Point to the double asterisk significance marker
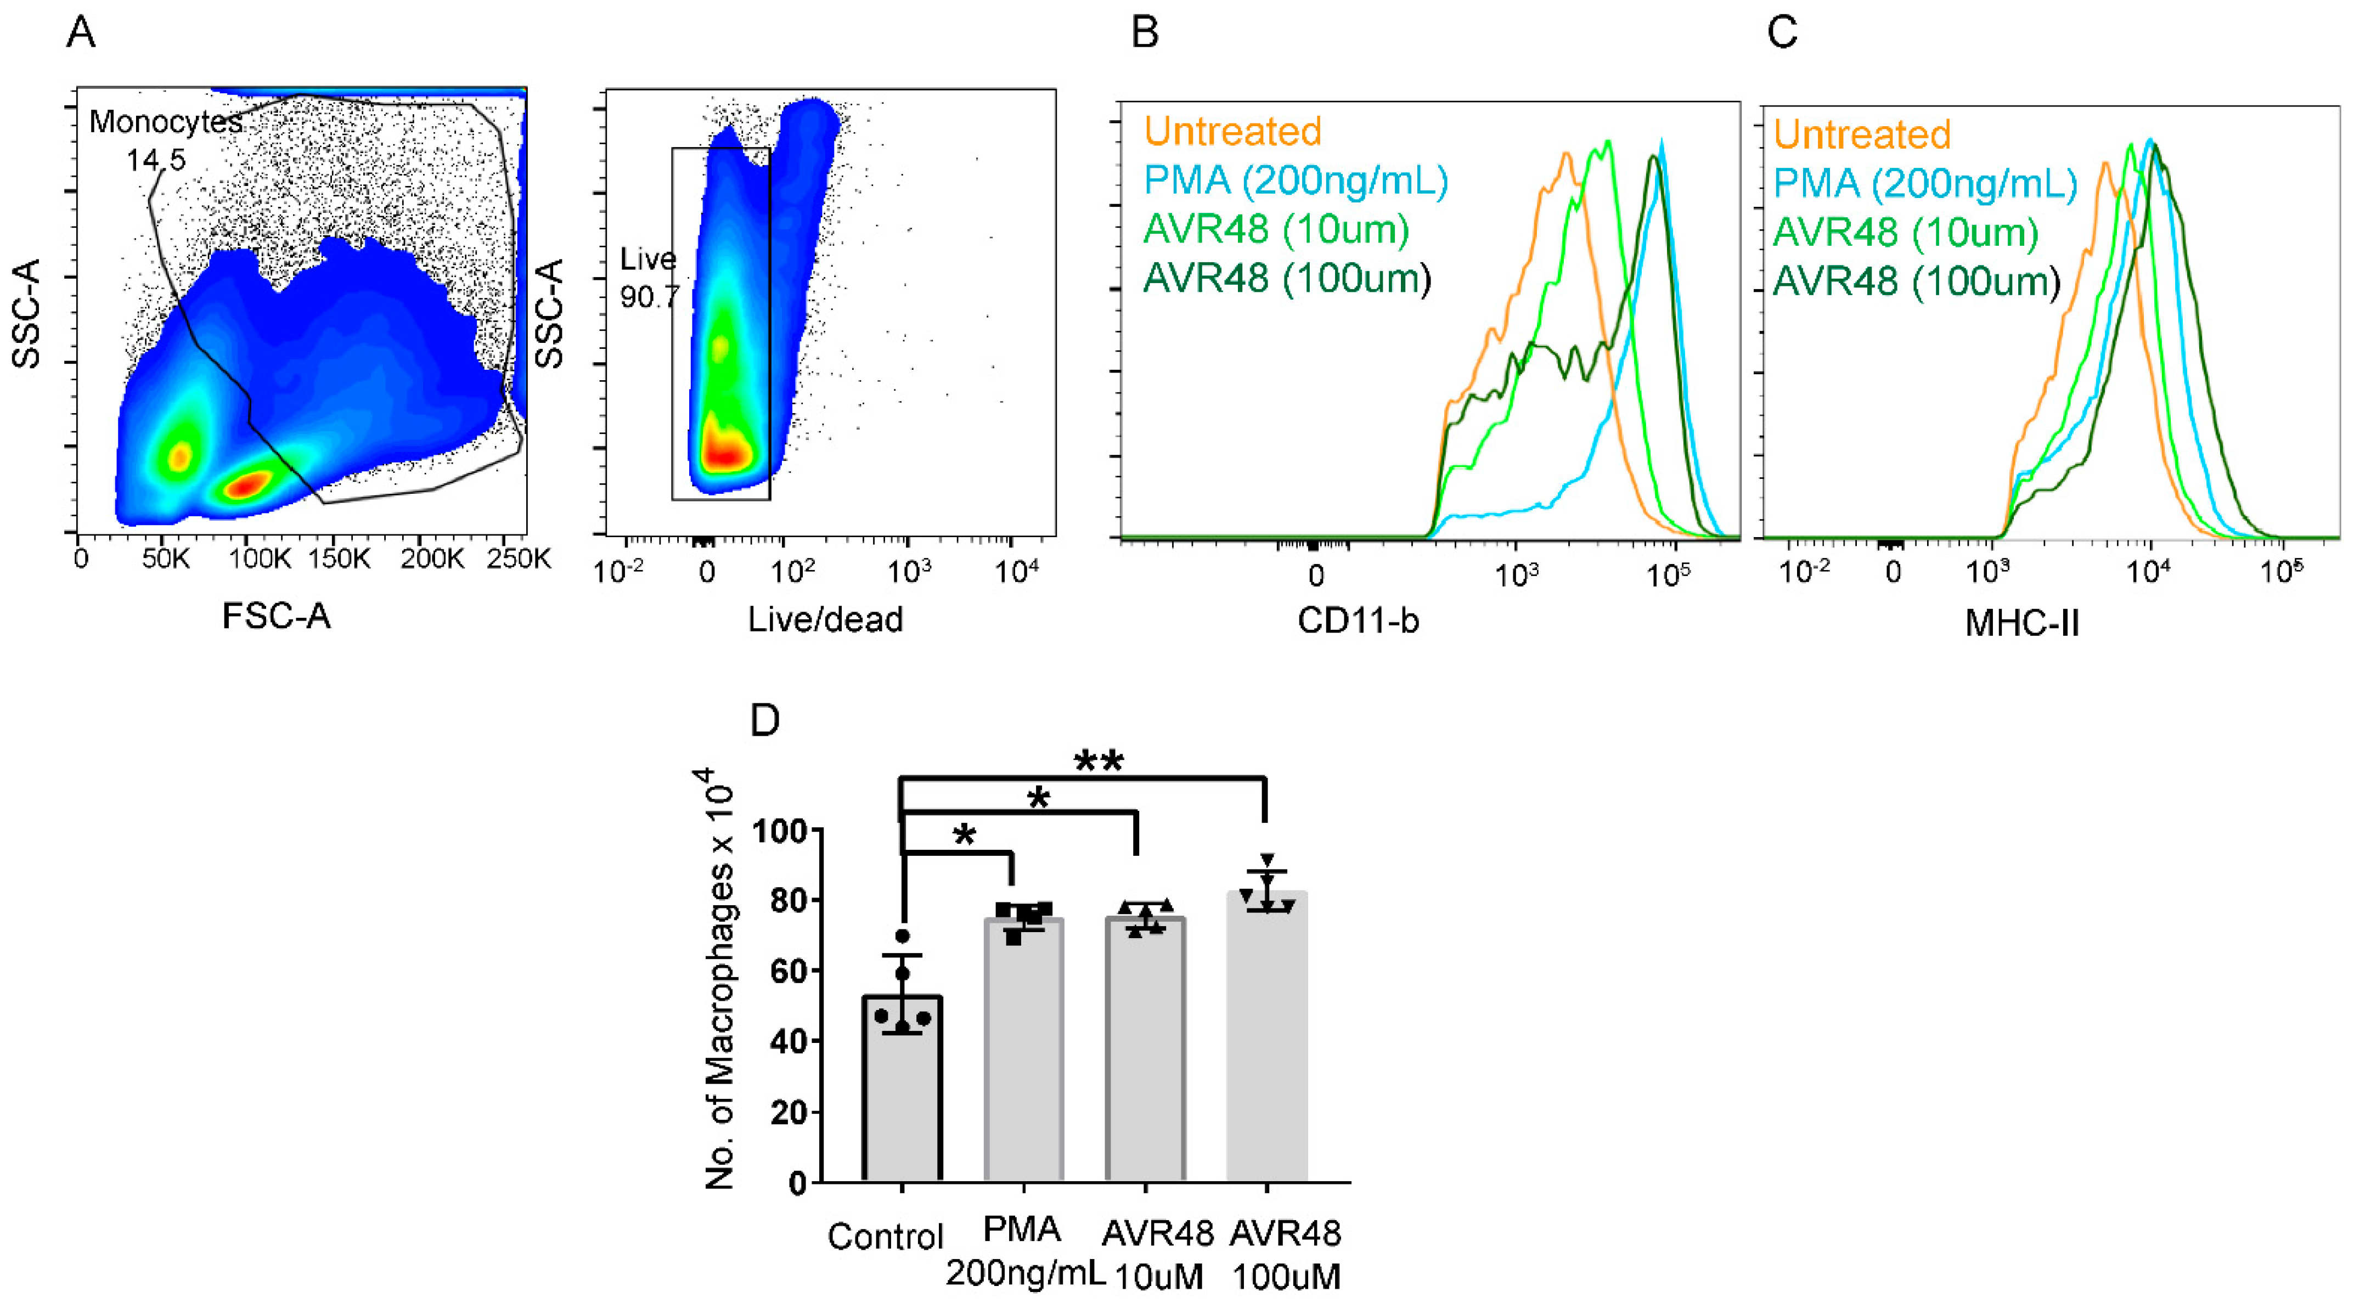click(x=1099, y=761)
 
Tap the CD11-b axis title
click(x=1358, y=622)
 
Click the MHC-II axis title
click(x=2021, y=624)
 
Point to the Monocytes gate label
click(x=165, y=122)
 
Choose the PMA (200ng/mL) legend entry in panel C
click(x=1924, y=184)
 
